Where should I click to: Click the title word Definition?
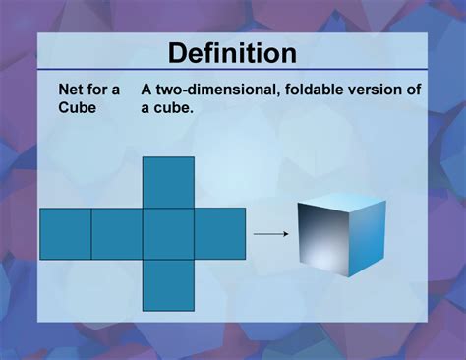pos(232,52)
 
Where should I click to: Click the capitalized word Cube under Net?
pos(78,108)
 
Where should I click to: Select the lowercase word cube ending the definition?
pos(172,108)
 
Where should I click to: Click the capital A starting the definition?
pos(146,90)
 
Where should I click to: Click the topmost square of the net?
pos(168,182)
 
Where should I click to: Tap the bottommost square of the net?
pos(168,284)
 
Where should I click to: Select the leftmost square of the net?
pos(65,233)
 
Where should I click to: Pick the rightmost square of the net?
pos(219,233)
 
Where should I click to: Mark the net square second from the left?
pos(116,233)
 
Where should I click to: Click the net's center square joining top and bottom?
pos(168,233)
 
